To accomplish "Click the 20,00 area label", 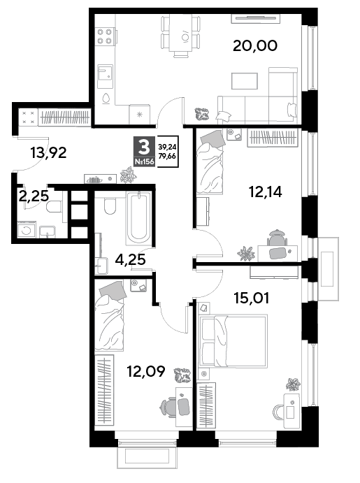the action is [255, 46].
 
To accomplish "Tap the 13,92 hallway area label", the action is [49, 153].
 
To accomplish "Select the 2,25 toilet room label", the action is [34, 196].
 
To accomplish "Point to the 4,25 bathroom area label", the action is [130, 260].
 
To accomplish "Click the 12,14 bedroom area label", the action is [266, 192].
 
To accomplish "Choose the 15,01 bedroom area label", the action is [252, 298].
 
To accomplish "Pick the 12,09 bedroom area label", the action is [146, 371].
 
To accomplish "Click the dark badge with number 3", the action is [144, 151].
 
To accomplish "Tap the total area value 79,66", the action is [167, 156].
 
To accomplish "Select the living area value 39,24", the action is [167, 147].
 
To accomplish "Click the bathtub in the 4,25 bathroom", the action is [139, 218].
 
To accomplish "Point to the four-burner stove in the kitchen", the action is [105, 36].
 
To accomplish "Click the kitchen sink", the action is [105, 73].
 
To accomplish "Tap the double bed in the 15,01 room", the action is [233, 340].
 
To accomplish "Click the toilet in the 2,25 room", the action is [55, 206].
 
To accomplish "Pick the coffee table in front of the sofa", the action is [245, 81].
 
